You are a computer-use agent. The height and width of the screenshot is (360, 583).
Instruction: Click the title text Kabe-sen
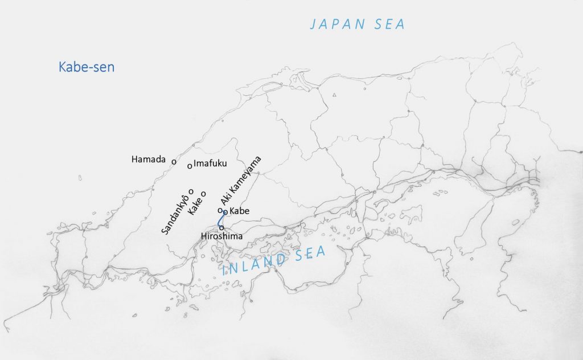(x=87, y=67)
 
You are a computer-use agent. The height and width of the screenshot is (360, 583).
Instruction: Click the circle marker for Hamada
(x=174, y=161)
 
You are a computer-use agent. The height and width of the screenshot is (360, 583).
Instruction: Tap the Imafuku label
(x=211, y=163)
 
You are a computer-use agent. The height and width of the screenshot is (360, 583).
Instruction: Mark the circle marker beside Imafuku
(x=190, y=166)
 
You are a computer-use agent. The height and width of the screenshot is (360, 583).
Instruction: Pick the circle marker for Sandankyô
(x=191, y=191)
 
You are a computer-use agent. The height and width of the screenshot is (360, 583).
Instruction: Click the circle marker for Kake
(x=203, y=194)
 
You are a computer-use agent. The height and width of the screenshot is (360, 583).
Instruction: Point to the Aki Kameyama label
(x=241, y=181)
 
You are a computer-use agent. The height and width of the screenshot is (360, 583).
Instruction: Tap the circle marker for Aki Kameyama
(x=220, y=210)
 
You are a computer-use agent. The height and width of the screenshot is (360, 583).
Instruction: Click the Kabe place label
(x=239, y=211)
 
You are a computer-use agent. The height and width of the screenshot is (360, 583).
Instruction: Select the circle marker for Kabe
(x=225, y=212)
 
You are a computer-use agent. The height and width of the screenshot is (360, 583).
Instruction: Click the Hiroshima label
(x=222, y=236)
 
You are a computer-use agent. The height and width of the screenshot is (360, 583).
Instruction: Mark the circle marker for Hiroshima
(x=221, y=228)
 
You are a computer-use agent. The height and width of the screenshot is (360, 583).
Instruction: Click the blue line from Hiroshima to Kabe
(x=220, y=220)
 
